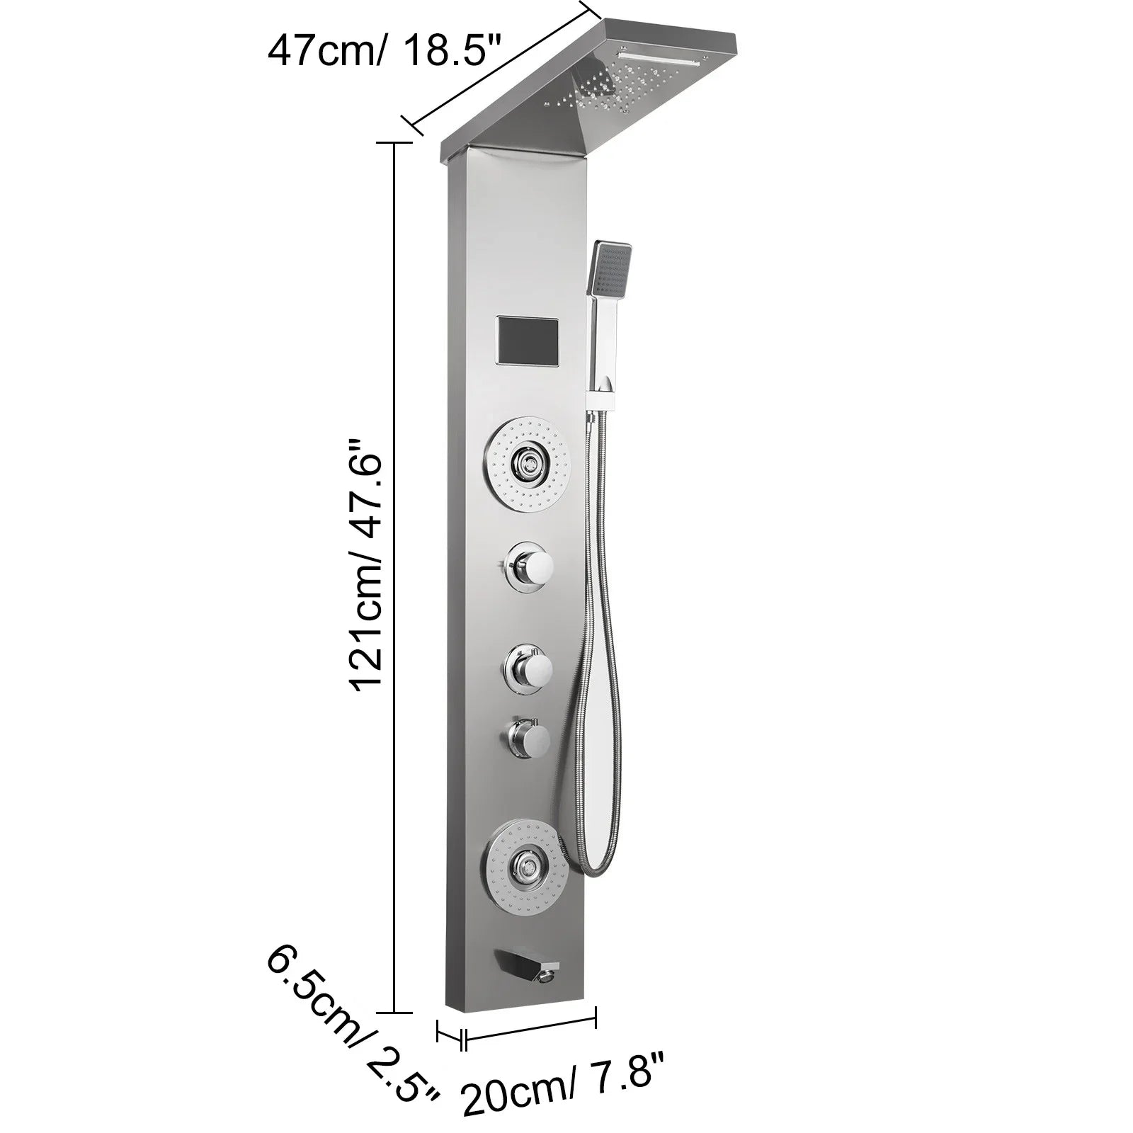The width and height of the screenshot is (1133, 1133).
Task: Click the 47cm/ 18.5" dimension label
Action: pos(384,51)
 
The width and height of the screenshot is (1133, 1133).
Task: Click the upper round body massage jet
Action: pos(528,465)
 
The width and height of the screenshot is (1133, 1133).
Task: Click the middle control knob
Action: pos(528,666)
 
